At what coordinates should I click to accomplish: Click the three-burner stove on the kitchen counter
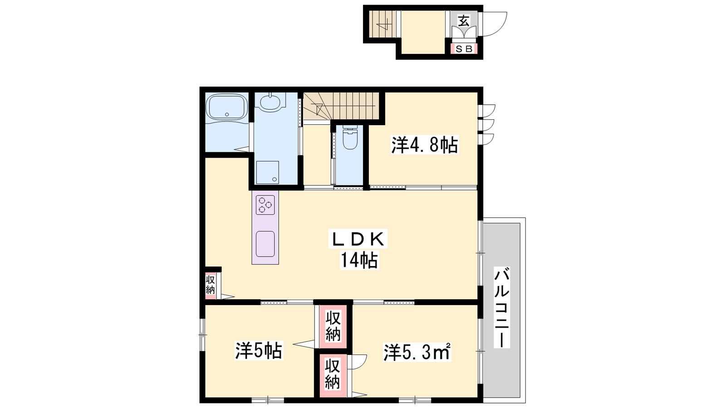(x=265, y=205)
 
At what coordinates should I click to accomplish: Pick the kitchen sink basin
(x=265, y=244)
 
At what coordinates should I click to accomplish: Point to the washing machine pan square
(x=267, y=172)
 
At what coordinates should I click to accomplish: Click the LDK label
(x=358, y=239)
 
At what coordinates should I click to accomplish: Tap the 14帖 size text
(x=359, y=260)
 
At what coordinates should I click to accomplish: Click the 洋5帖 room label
(x=259, y=350)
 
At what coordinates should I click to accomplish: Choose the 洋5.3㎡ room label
(x=417, y=352)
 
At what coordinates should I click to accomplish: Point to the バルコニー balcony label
(x=501, y=307)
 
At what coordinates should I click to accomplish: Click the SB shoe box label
(x=464, y=49)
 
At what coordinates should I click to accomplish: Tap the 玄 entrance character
(x=463, y=21)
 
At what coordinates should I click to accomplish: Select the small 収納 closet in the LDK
(x=211, y=285)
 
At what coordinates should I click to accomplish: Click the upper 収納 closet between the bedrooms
(x=333, y=326)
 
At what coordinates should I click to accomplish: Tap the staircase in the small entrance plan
(x=383, y=24)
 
